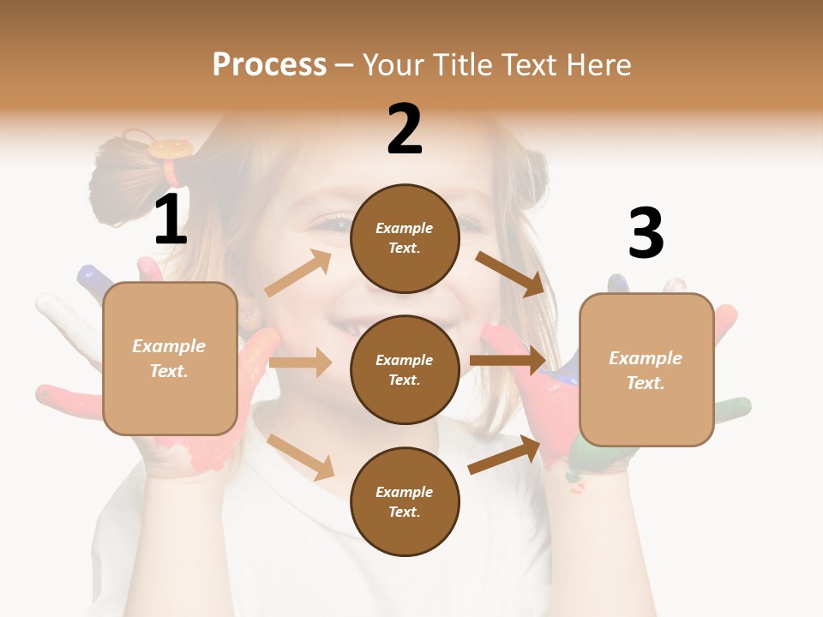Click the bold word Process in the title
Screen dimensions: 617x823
(269, 65)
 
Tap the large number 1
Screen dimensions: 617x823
(171, 220)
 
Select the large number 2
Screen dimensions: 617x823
(405, 129)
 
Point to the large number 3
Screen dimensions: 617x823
(646, 233)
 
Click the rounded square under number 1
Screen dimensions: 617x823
(170, 358)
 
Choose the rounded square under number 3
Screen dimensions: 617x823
(646, 369)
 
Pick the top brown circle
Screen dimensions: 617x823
(405, 238)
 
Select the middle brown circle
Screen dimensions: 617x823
(405, 369)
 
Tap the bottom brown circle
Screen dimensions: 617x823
(405, 501)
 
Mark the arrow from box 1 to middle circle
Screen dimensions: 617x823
(300, 362)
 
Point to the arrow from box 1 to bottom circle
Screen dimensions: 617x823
(301, 457)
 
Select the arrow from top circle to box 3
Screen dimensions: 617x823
(510, 273)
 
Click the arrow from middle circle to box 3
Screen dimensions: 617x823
(508, 360)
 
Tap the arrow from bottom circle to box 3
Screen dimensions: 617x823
(504, 455)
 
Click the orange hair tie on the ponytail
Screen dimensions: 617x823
(168, 149)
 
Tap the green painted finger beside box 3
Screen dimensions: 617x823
(733, 405)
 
